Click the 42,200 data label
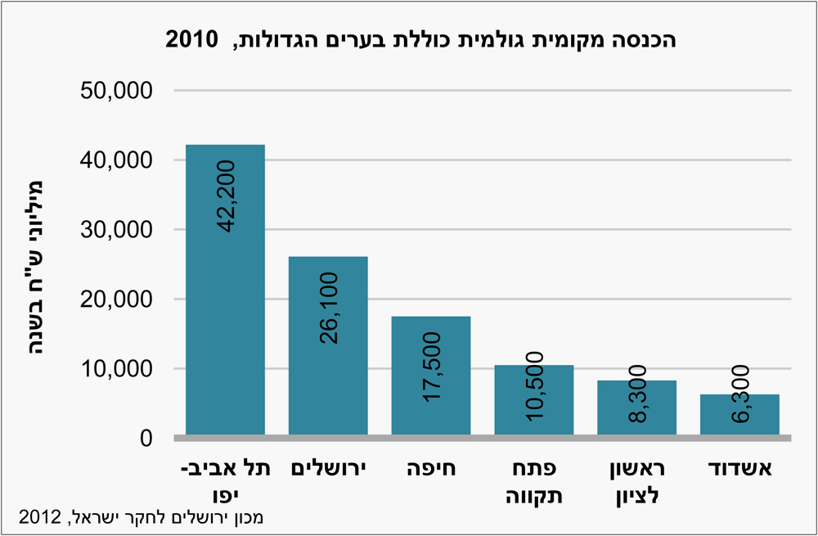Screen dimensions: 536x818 tap(226, 197)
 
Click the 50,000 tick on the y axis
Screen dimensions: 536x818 tap(117, 91)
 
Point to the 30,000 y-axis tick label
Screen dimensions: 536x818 tap(117, 230)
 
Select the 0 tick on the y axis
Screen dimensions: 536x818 tap(145, 439)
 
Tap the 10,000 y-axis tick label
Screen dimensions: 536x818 tap(117, 369)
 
